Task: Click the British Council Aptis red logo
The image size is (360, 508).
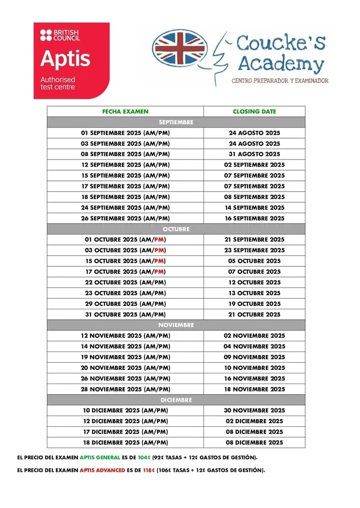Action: click(72, 60)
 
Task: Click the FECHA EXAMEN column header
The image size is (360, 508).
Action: click(125, 111)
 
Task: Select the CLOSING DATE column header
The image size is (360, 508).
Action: click(254, 111)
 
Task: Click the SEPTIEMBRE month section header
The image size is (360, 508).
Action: click(176, 122)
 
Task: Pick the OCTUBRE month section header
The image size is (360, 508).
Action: click(176, 229)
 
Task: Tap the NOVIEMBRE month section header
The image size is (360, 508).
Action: click(176, 325)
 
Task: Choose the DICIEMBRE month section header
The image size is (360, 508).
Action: click(176, 400)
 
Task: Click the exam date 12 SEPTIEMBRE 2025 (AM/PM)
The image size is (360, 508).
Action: click(125, 165)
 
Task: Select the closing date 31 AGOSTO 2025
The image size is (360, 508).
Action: click(254, 154)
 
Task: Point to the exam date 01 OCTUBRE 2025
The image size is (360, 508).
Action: click(125, 240)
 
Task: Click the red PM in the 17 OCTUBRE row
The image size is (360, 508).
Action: click(160, 272)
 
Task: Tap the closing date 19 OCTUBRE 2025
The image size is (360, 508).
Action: click(254, 304)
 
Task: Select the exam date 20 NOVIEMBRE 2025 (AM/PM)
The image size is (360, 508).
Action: click(125, 368)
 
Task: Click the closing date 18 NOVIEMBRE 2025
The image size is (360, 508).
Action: click(254, 389)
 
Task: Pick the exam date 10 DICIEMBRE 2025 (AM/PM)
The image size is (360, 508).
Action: click(125, 410)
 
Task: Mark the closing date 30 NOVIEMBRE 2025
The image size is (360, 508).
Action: click(254, 410)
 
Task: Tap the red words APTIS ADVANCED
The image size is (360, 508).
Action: click(102, 470)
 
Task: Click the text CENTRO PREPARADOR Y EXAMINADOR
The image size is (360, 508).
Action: click(280, 81)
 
